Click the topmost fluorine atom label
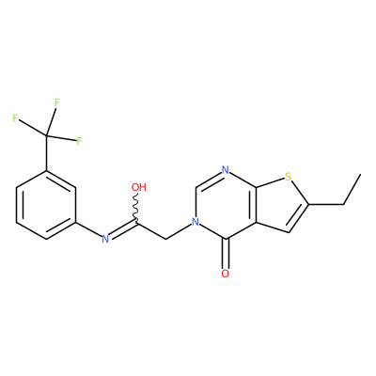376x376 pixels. point(56,102)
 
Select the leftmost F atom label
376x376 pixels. point(15,118)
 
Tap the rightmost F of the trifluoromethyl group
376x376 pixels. point(79,141)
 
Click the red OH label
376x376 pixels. point(139,187)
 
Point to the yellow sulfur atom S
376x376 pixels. point(289,177)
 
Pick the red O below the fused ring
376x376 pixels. point(225,274)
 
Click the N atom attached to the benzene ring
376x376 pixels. point(105,240)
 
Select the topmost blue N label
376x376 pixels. point(225,170)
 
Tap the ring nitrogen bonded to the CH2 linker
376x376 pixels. point(196,222)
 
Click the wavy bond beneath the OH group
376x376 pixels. point(136,208)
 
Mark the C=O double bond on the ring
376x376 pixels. point(226,254)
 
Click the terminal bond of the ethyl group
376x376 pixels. point(352,189)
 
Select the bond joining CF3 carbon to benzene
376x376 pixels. point(47,153)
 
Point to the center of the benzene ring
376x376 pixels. point(46,205)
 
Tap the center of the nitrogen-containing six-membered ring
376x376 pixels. point(226,205)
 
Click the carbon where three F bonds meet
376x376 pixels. point(47,135)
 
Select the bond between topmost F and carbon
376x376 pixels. point(51,121)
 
